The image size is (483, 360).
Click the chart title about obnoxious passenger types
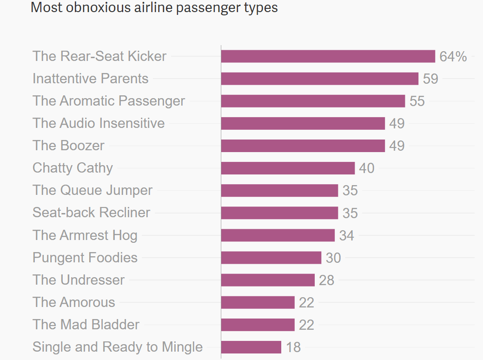tap(154, 8)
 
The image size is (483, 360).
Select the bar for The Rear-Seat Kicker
tap(328, 56)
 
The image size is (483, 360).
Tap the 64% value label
tap(453, 57)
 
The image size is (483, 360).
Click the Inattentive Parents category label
tap(91, 79)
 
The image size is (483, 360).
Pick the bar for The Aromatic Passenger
tap(313, 101)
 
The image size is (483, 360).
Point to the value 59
tap(430, 79)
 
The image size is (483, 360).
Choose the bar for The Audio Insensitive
tap(303, 123)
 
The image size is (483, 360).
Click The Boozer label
tap(69, 146)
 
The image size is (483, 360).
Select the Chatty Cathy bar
tap(288, 168)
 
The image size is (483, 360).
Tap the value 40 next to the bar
tap(366, 168)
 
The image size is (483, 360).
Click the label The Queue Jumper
tap(93, 190)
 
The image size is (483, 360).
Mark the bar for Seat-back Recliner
tap(279, 213)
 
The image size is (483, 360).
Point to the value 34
tap(346, 235)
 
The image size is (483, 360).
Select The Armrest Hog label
tap(85, 235)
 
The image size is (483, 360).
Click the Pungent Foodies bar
tap(271, 257)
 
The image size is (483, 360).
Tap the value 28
tap(326, 280)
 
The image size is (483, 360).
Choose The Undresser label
tap(79, 280)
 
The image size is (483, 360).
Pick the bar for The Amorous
tap(258, 302)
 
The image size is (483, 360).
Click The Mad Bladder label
tap(86, 325)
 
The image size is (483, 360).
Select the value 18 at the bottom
tap(293, 347)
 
